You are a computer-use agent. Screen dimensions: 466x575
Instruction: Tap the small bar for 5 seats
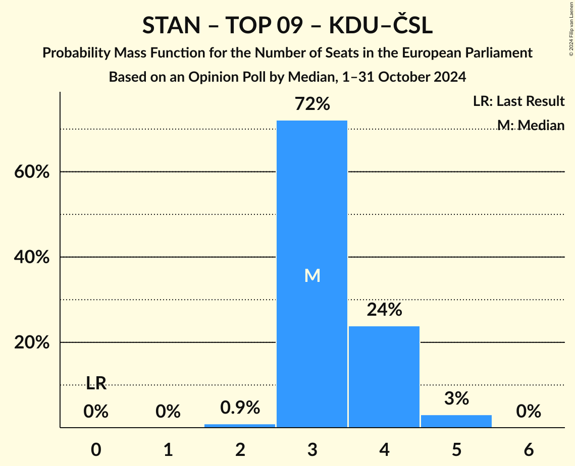456,421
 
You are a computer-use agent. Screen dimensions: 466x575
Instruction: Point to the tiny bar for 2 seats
240,426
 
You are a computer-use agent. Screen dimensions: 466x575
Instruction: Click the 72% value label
312,104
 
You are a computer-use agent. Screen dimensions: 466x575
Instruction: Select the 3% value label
456,399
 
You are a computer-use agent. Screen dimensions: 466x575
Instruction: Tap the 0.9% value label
240,407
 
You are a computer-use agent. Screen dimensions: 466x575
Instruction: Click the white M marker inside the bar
312,275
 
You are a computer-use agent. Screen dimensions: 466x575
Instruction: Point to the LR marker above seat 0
96,384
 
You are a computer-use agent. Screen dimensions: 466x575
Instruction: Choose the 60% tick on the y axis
31,172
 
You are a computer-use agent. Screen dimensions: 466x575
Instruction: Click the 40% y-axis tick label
31,257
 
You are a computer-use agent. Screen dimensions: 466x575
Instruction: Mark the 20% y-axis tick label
31,343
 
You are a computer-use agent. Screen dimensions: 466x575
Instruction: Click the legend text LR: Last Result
518,101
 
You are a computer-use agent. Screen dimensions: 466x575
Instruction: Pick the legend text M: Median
531,125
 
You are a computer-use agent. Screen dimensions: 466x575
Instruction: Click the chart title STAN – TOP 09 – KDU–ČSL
287,26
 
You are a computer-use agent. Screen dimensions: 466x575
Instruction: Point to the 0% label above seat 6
529,412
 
